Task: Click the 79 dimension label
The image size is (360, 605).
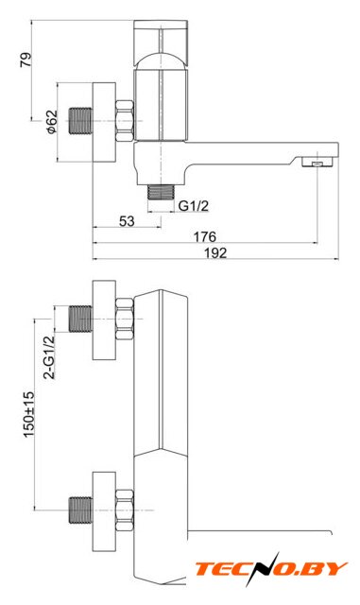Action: point(26,60)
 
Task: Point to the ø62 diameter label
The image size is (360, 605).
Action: point(51,122)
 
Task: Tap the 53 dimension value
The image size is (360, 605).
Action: point(127,221)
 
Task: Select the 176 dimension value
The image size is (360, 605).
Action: point(204,236)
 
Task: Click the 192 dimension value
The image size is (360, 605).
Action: point(215,253)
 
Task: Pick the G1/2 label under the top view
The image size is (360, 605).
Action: point(194,206)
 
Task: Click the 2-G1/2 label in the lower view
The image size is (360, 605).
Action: point(49,357)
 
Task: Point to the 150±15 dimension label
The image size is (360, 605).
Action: point(29,415)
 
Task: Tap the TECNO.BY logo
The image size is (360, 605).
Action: point(271,569)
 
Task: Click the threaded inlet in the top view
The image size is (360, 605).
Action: point(80,121)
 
